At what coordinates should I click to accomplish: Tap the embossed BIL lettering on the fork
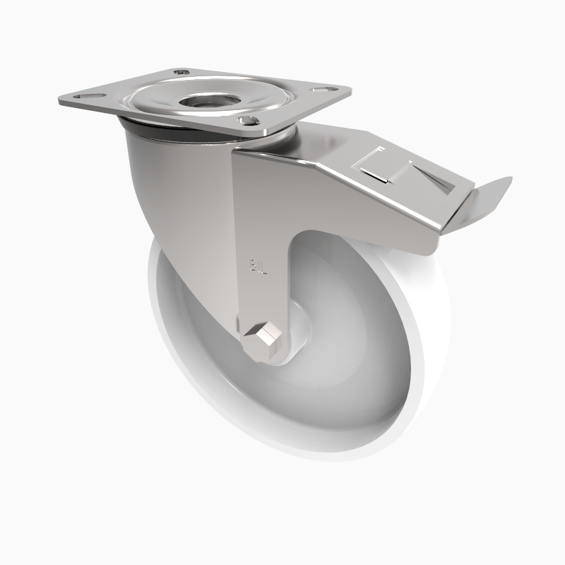coord(258,268)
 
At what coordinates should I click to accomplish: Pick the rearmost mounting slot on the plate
coord(183,72)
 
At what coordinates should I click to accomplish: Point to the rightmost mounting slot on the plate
coord(321,89)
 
